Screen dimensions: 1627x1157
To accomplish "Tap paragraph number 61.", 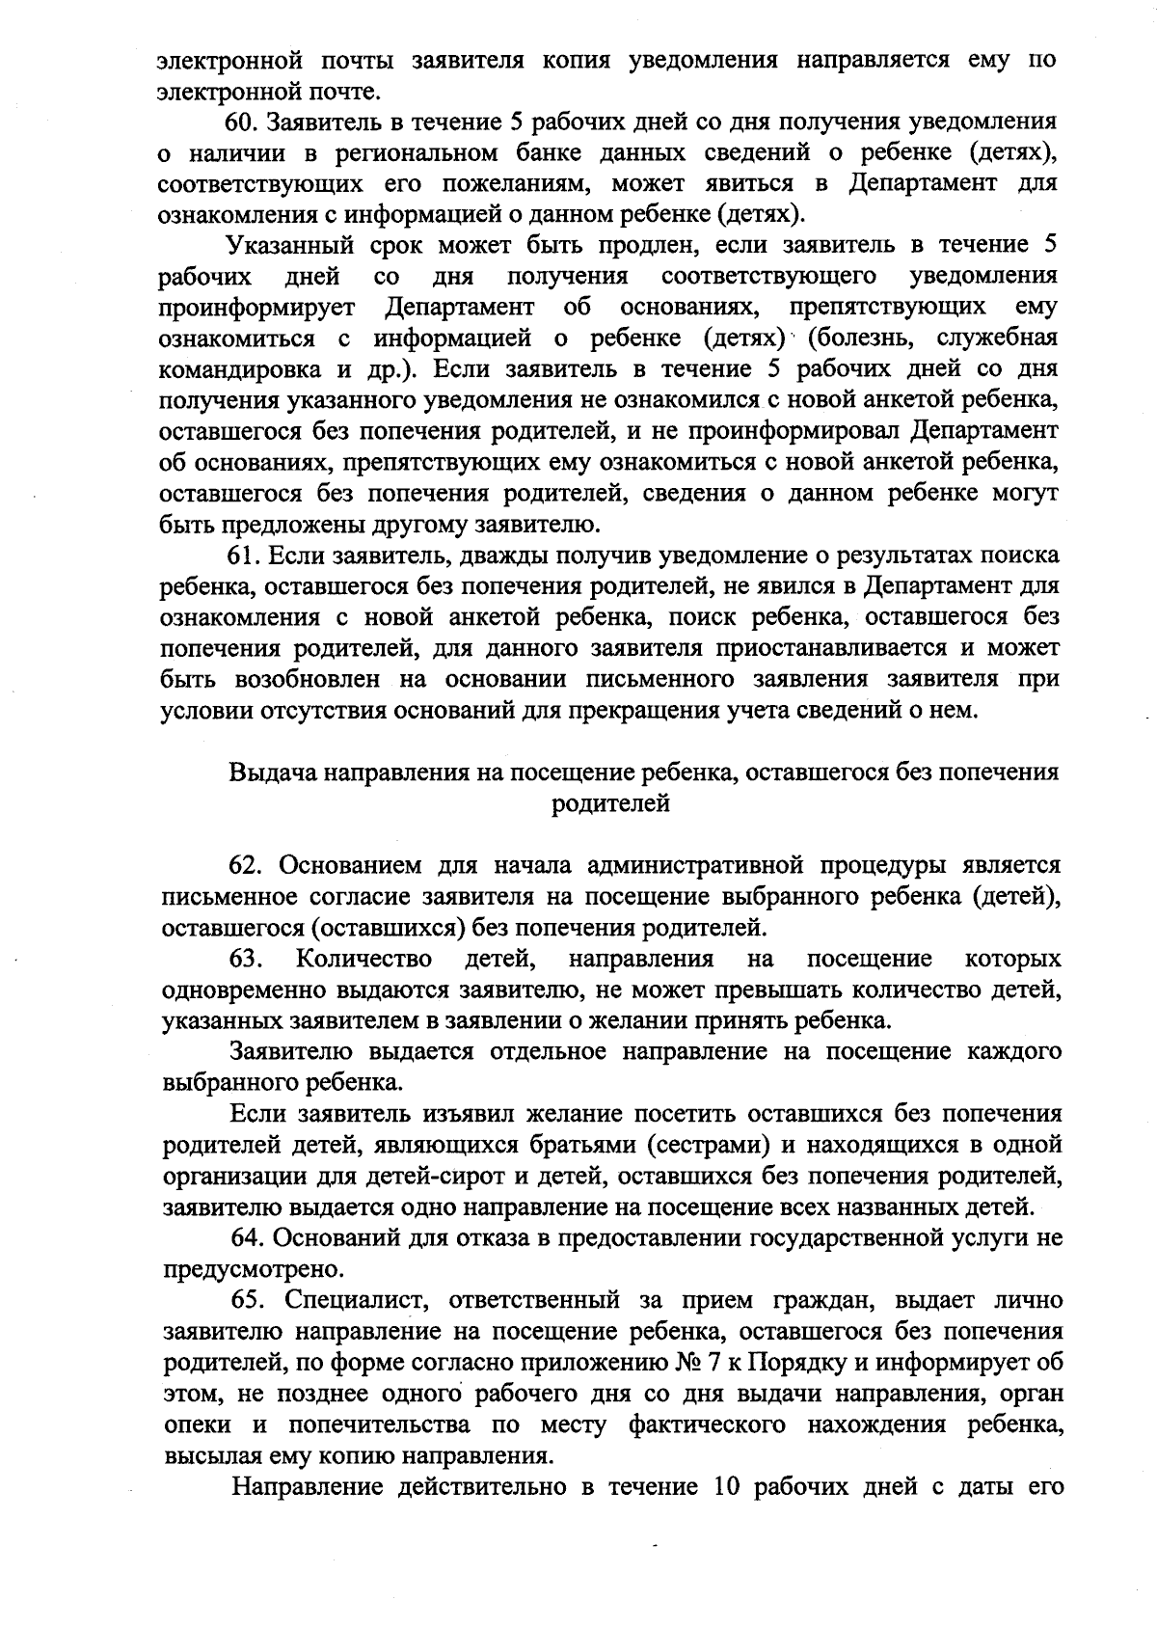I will pos(244,556).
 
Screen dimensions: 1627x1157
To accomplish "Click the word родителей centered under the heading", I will pos(611,802).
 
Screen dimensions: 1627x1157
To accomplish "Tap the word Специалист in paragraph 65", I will pos(343,1300).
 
